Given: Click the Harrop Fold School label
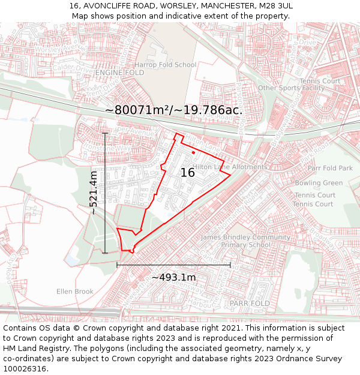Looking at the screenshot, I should pyautogui.click(x=165, y=65).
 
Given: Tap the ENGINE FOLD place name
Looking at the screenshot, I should pyautogui.click(x=119, y=73).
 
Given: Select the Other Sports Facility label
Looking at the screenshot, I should pyautogui.click(x=291, y=88).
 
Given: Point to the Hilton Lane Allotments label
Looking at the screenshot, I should pyautogui.click(x=230, y=167).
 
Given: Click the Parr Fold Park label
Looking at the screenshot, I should pyautogui.click(x=330, y=169).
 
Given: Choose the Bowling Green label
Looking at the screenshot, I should pyautogui.click(x=319, y=183).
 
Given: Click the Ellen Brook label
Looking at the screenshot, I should pyautogui.click(x=75, y=292).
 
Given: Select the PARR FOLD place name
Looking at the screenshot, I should pyautogui.click(x=250, y=304).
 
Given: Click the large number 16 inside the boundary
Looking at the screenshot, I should pyautogui.click(x=188, y=173).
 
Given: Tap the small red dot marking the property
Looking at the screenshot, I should pyautogui.click(x=193, y=153).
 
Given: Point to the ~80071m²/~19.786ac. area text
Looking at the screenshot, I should pyautogui.click(x=174, y=110).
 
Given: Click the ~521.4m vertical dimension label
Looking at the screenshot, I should pyautogui.click(x=94, y=193).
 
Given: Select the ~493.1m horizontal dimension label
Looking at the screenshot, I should pyautogui.click(x=173, y=277).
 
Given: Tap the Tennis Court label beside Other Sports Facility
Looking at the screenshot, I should pyautogui.click(x=320, y=81).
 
